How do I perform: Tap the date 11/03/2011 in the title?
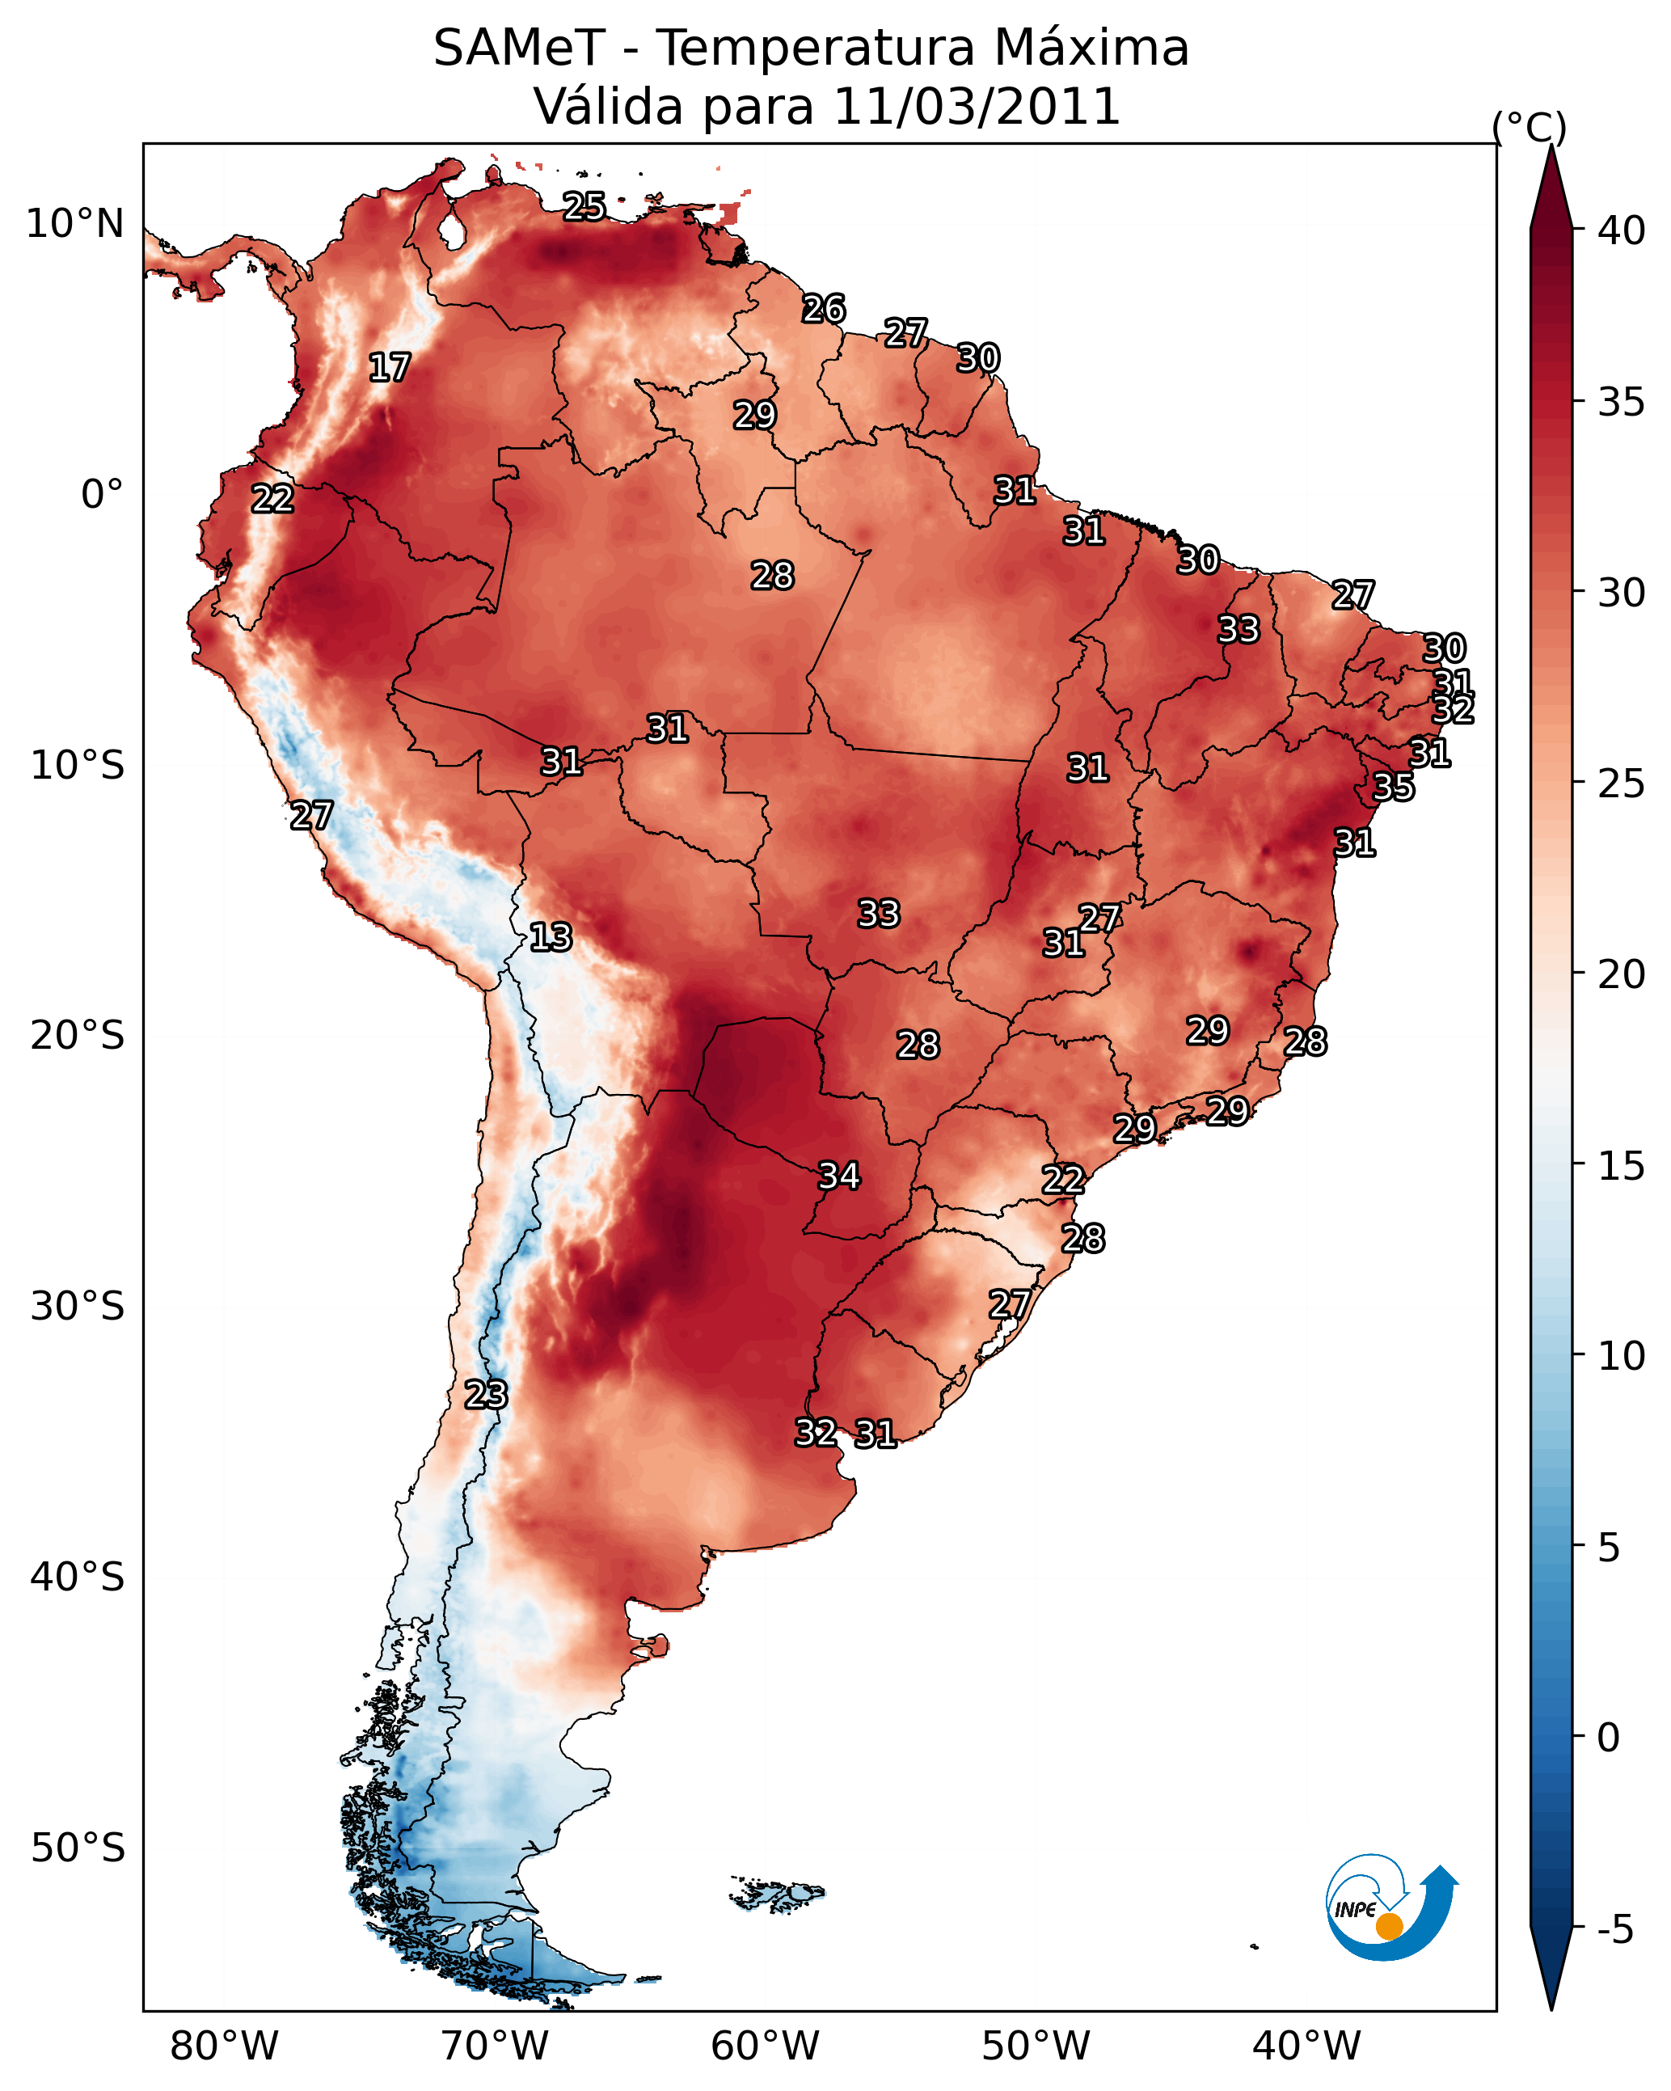pyautogui.click(x=976, y=107)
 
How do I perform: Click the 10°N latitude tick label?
pyautogui.click(x=74, y=224)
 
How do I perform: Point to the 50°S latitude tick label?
pyautogui.click(x=78, y=1848)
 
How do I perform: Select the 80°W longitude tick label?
pyautogui.click(x=224, y=2046)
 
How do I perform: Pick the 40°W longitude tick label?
pyautogui.click(x=1306, y=2046)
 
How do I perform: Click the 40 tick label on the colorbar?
pyautogui.click(x=1622, y=230)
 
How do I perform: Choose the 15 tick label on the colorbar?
pyautogui.click(x=1622, y=1166)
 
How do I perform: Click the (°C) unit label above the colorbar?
pyautogui.click(x=1529, y=127)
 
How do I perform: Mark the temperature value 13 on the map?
pyautogui.click(x=551, y=937)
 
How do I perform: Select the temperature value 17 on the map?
pyautogui.click(x=390, y=368)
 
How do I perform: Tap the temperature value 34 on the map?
pyautogui.click(x=839, y=1176)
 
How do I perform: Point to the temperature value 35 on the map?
pyautogui.click(x=1394, y=787)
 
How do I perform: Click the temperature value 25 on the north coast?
pyautogui.click(x=584, y=206)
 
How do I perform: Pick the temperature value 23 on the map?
pyautogui.click(x=486, y=1395)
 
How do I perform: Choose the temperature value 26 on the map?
pyautogui.click(x=825, y=308)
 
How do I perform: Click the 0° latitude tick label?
pyautogui.click(x=102, y=495)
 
